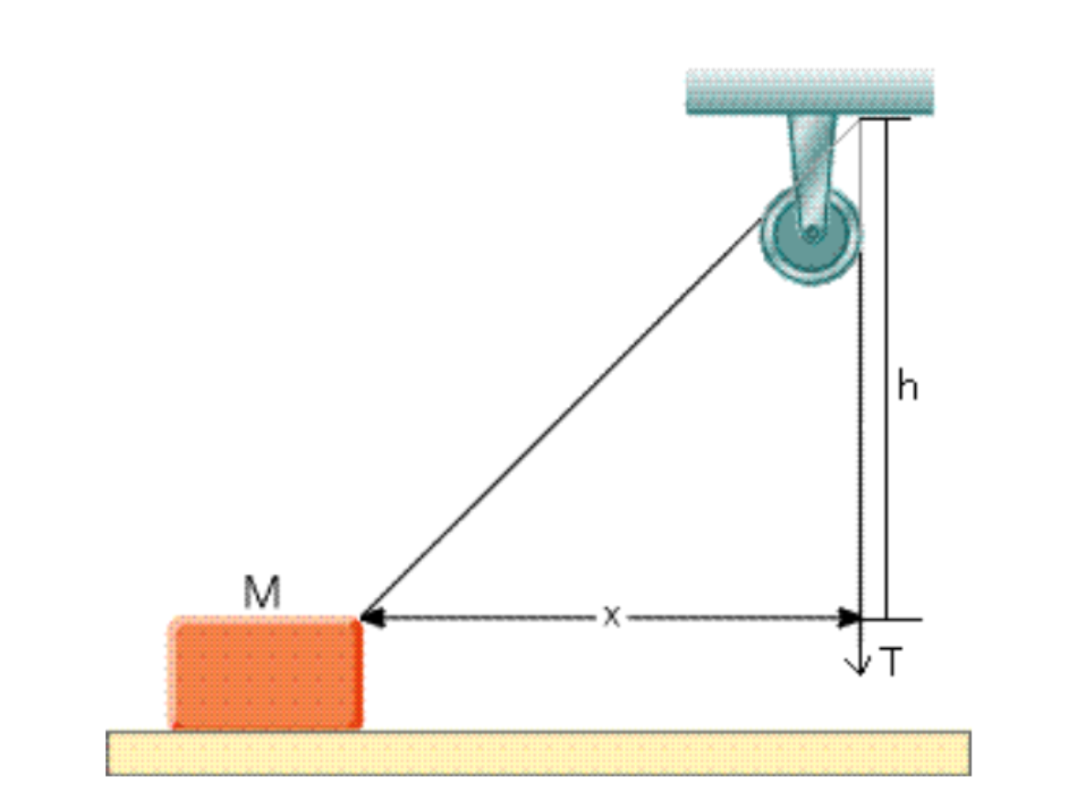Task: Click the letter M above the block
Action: click(262, 594)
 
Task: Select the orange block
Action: click(264, 674)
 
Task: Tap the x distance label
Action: click(611, 617)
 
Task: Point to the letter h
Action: click(907, 388)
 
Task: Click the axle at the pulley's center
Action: click(811, 234)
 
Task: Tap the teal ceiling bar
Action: click(810, 92)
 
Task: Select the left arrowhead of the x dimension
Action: click(371, 619)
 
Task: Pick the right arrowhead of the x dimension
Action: click(851, 619)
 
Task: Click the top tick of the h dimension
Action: click(886, 119)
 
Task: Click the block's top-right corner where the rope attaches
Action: click(359, 620)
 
